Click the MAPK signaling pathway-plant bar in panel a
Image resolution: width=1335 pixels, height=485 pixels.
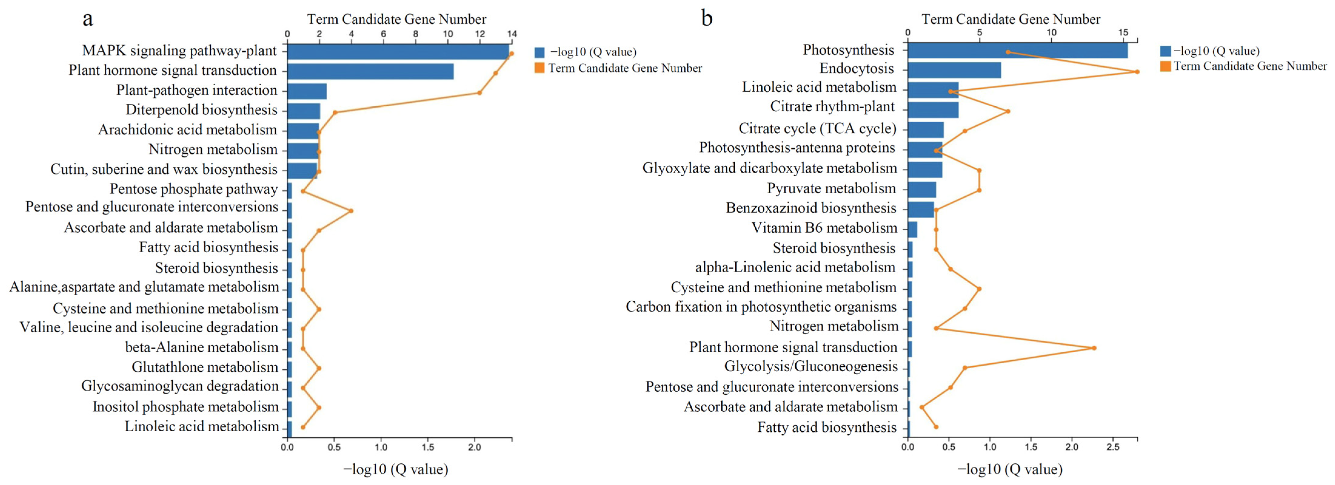[398, 51]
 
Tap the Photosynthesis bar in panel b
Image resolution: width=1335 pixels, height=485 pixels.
[1017, 50]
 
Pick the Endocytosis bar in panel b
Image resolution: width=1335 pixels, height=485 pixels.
[954, 70]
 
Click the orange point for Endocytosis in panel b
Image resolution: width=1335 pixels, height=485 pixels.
[1137, 72]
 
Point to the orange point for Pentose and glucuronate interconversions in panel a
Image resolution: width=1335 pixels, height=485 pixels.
[351, 211]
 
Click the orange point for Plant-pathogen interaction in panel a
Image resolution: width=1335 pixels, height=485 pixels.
[479, 93]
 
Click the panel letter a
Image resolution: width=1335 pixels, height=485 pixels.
[88, 19]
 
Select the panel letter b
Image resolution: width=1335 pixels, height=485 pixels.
[707, 19]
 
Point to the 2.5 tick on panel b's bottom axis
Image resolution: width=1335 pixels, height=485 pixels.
[1113, 447]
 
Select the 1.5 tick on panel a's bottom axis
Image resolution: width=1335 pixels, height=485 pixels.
[428, 447]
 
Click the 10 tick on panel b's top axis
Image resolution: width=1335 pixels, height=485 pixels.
[1051, 32]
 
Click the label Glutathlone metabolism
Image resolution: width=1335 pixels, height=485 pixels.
[205, 367]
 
